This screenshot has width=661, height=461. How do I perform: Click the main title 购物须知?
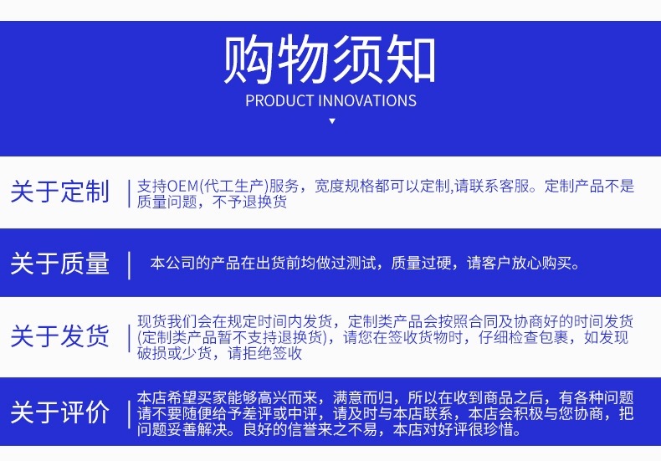tap(329, 59)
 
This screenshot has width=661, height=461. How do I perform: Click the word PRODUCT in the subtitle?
tap(279, 101)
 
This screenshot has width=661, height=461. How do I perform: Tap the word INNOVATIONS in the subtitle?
tap(367, 101)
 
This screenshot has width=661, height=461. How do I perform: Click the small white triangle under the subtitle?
tap(332, 121)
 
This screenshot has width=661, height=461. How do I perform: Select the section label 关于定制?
tap(60, 192)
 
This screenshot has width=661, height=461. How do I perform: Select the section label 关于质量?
tap(60, 264)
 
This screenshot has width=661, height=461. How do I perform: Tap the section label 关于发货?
tap(60, 336)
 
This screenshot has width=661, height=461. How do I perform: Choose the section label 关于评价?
tap(60, 412)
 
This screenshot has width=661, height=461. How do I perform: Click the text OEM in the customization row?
tap(182, 186)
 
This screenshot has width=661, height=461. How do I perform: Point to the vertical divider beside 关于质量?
tap(129, 265)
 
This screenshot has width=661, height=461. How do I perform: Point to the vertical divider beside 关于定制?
tap(129, 193)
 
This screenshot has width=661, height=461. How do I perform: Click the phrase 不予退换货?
tap(249, 202)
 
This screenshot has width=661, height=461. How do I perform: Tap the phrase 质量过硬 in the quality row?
tap(421, 264)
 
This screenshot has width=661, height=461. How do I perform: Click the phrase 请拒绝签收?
tap(264, 353)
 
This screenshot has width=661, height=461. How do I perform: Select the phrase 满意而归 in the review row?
tap(362, 397)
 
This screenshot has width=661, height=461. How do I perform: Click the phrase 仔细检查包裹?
tap(523, 337)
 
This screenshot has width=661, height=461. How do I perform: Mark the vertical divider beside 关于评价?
tap(129, 414)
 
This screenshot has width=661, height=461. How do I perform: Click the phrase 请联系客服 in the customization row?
tap(491, 186)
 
